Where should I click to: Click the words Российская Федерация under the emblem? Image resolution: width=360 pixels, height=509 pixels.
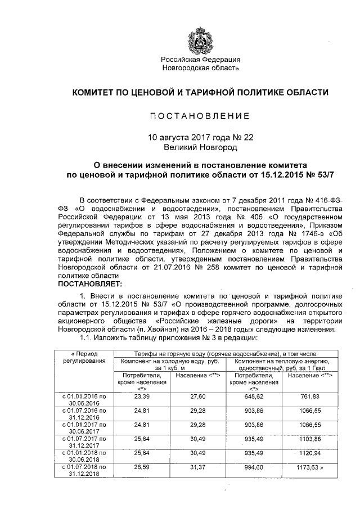click(201, 59)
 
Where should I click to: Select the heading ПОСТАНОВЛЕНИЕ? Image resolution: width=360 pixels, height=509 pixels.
click(200, 116)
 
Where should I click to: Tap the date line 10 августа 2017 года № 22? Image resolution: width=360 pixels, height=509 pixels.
click(201, 137)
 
